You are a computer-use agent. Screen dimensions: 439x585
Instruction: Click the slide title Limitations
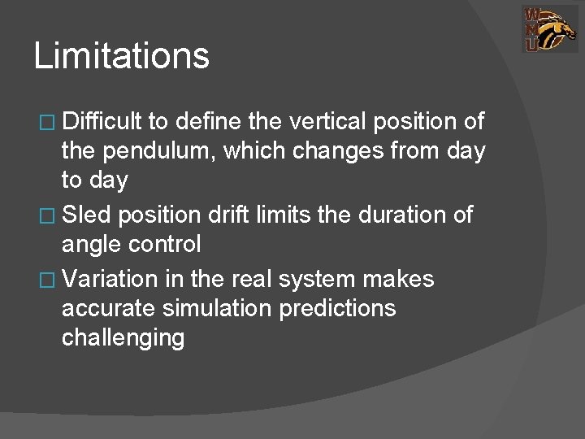coord(122,57)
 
